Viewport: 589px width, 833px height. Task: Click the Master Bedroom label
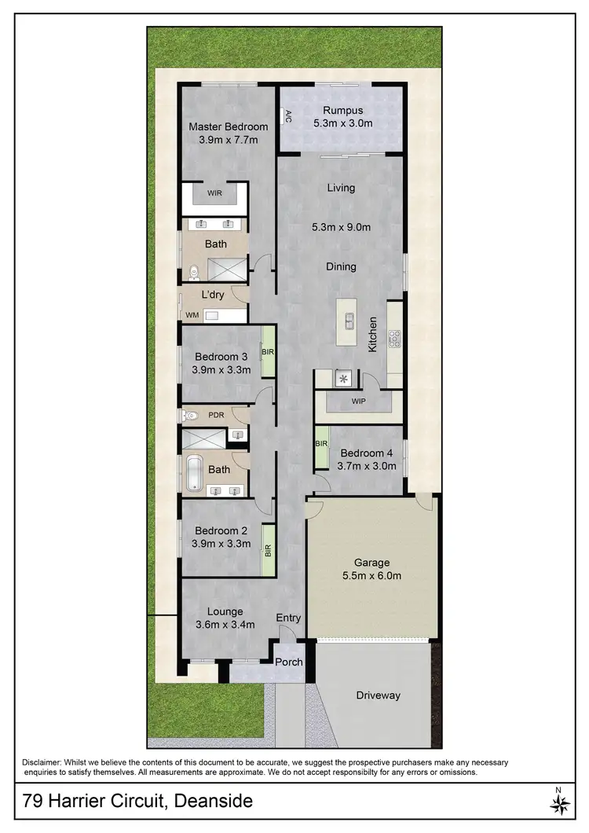click(x=229, y=127)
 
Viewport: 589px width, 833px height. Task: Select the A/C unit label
click(x=288, y=117)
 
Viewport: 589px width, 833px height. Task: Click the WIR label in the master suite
click(x=214, y=193)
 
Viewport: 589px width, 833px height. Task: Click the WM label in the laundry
click(x=192, y=315)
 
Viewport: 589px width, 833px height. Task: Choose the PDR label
click(x=215, y=414)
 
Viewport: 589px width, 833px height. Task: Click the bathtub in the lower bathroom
click(x=194, y=470)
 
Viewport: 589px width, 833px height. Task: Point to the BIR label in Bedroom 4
click(x=321, y=444)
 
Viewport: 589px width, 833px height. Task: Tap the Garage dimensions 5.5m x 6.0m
click(x=372, y=576)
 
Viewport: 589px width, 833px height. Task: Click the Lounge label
click(x=225, y=611)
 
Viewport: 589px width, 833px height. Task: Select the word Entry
click(x=288, y=618)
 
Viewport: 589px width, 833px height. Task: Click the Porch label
click(x=288, y=662)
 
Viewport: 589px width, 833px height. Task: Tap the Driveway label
click(x=378, y=695)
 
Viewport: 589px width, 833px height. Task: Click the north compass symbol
click(x=559, y=803)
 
